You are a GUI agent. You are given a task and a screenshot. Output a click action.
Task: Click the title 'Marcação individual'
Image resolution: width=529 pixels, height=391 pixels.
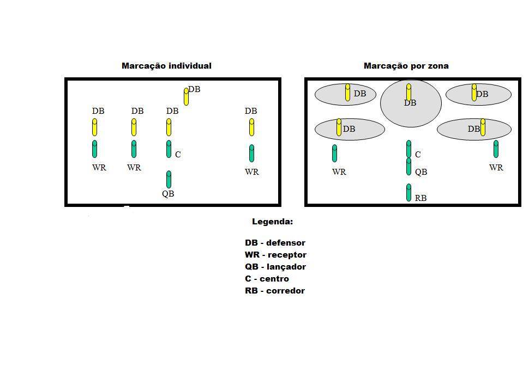[x=166, y=66]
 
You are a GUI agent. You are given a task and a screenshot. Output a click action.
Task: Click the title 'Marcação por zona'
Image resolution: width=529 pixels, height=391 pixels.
[x=406, y=66]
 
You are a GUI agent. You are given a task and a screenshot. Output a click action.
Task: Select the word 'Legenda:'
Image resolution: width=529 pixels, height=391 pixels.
[x=272, y=222]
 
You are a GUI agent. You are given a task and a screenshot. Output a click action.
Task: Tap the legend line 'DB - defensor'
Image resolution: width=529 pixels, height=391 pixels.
[x=275, y=243]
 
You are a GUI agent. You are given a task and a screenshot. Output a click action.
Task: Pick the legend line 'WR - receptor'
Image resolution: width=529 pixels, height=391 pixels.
[x=275, y=255]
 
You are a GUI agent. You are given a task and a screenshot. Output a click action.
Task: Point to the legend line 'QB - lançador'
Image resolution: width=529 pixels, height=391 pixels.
[x=275, y=267]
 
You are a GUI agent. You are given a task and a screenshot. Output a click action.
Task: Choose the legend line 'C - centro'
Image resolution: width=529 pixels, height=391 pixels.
[x=267, y=279]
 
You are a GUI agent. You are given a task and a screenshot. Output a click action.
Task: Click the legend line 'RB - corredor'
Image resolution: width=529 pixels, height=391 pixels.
[x=274, y=291]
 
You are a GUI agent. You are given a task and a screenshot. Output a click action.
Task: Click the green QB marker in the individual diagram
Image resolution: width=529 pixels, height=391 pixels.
[x=169, y=179]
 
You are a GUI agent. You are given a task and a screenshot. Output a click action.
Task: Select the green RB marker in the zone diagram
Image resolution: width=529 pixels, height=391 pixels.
[x=409, y=192]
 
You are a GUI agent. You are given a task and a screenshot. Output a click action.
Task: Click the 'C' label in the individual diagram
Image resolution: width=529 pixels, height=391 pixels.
[x=178, y=155]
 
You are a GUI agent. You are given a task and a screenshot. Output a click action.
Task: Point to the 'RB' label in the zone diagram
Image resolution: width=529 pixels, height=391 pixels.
[x=420, y=198]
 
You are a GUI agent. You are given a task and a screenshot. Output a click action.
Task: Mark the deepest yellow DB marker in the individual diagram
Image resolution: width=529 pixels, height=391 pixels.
[x=187, y=96]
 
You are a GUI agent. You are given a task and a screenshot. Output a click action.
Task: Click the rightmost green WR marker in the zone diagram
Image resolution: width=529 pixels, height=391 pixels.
[x=496, y=149]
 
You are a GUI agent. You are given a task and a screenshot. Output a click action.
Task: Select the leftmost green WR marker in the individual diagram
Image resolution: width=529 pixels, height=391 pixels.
[x=95, y=149]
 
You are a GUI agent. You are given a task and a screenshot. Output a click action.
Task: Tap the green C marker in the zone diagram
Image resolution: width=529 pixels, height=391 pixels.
[x=409, y=149]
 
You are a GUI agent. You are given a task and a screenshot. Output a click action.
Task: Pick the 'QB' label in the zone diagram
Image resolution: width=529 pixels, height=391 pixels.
[x=420, y=172]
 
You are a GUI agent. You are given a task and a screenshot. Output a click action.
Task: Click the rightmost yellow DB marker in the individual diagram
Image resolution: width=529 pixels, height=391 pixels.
[x=251, y=127]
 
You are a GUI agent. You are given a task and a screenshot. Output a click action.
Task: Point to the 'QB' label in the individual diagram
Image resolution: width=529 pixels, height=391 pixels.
[x=168, y=193]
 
